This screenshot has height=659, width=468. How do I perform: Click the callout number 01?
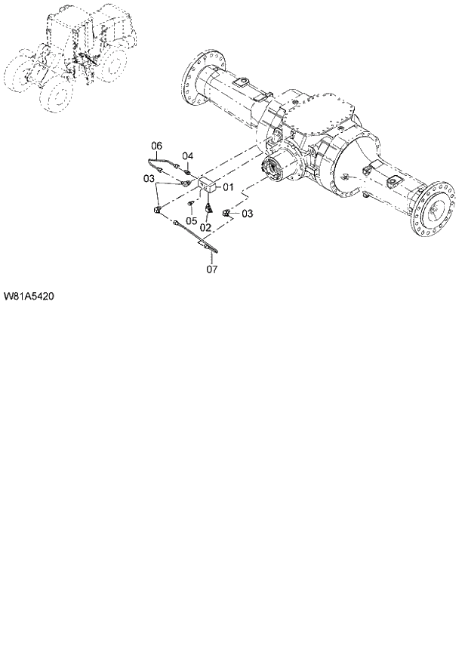(x=226, y=186)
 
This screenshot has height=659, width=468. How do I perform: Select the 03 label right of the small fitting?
(x=248, y=214)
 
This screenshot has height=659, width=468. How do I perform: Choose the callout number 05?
(x=157, y=145)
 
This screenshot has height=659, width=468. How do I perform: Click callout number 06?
(x=211, y=268)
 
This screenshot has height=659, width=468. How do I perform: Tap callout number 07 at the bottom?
(x=211, y=268)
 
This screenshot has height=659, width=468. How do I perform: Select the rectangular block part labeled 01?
(x=206, y=185)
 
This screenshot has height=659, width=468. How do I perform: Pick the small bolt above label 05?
(x=192, y=204)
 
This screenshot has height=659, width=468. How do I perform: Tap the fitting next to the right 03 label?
(x=226, y=214)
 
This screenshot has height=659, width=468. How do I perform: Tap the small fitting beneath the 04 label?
(x=186, y=168)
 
